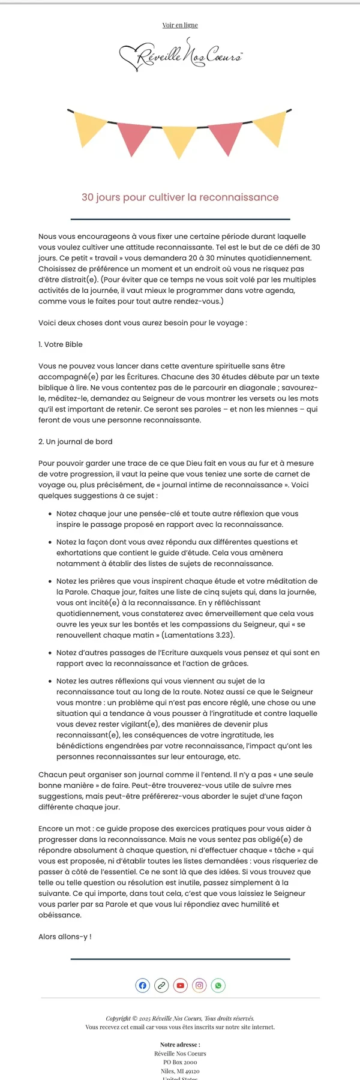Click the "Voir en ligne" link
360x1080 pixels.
[x=180, y=25]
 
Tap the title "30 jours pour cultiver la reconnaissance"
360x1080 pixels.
[x=180, y=197]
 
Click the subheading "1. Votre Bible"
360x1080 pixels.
[x=61, y=344]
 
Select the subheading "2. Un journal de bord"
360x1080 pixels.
[x=76, y=442]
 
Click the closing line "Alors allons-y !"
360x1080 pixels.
[x=65, y=937]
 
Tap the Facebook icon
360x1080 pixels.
[x=142, y=985]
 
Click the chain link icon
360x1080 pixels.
[x=161, y=985]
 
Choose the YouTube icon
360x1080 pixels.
[x=180, y=985]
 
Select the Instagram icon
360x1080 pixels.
[x=199, y=985]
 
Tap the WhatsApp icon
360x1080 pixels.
[x=218, y=985]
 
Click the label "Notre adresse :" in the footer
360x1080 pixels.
[x=180, y=1045]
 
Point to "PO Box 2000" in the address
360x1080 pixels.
[x=180, y=1062]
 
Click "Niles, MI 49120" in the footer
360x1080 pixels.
[x=180, y=1071]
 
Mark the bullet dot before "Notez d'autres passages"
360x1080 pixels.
[x=49, y=653]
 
